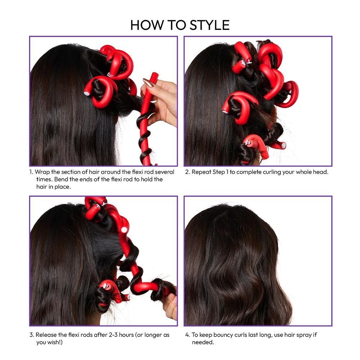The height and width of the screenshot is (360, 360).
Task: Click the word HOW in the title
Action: click(144, 25)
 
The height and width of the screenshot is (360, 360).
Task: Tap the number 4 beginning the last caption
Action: click(187, 335)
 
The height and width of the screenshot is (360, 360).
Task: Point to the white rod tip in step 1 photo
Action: click(87, 93)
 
